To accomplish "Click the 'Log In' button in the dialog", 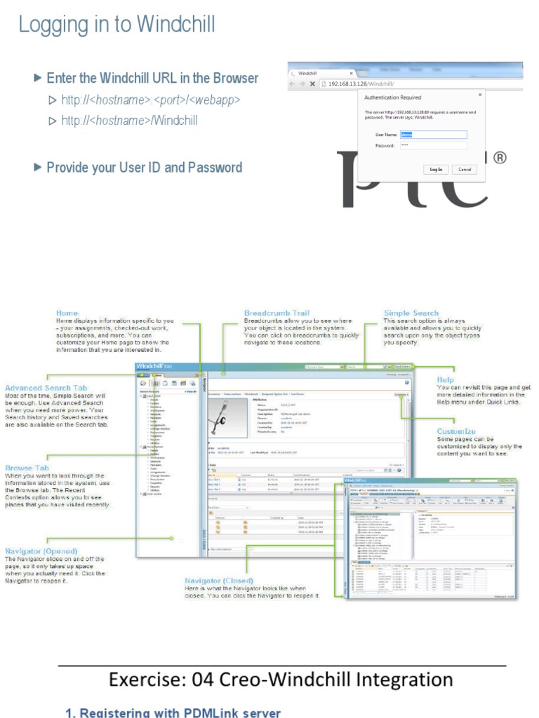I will [x=436, y=169].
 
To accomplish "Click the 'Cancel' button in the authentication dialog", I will [x=465, y=169].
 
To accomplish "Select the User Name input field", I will [x=433, y=134].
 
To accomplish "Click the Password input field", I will [x=433, y=145].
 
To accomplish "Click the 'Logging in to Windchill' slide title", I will [x=117, y=25].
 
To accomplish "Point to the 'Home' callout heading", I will [x=67, y=313].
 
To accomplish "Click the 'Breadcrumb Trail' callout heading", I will [x=277, y=313].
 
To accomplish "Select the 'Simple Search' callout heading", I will [x=411, y=313].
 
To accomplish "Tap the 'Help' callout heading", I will [x=445, y=379].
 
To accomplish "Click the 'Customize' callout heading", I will [x=456, y=431].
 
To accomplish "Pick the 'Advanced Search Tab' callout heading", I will [x=46, y=388].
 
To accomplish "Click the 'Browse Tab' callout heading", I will [x=27, y=468].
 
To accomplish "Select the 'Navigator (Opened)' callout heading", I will [x=41, y=551].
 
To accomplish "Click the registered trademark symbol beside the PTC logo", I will [x=500, y=158].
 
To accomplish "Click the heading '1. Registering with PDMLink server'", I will [x=173, y=712].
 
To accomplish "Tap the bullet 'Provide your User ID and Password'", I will [x=144, y=168].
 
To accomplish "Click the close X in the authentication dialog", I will [x=480, y=93].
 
